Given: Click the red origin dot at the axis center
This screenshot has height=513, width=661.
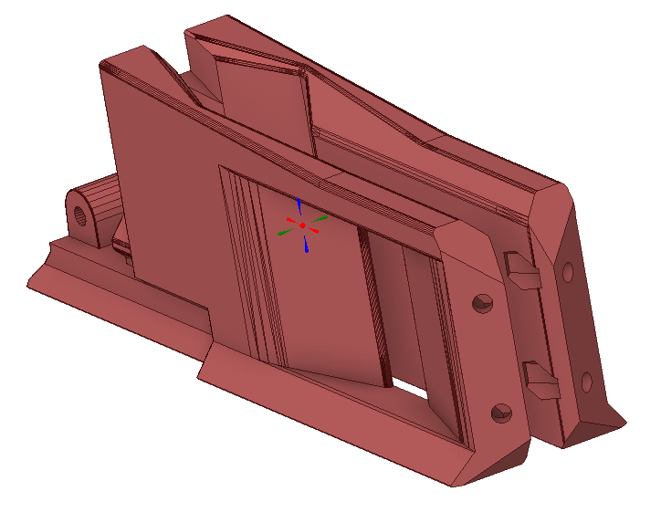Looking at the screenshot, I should pos(302,225).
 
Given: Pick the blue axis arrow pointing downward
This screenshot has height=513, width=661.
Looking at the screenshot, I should pos(306,245).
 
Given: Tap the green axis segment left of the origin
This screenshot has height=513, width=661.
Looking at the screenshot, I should pos(286,232).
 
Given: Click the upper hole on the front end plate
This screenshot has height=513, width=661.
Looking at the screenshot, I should pos(482,304).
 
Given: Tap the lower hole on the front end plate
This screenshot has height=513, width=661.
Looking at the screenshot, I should pos(500,414).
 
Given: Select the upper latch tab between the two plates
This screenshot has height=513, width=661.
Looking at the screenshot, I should pos(522,270).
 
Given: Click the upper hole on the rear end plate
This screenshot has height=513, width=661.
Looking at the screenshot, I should pos(568,271).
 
